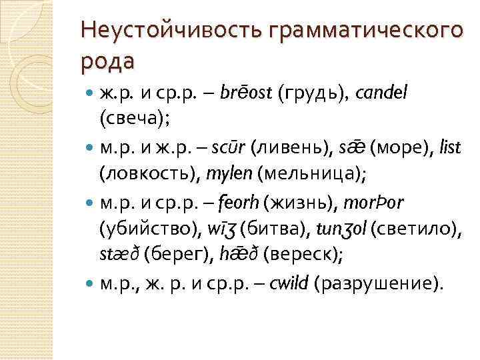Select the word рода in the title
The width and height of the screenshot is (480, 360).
pyautogui.click(x=107, y=61)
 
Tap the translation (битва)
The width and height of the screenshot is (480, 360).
pyautogui.click(x=270, y=229)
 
